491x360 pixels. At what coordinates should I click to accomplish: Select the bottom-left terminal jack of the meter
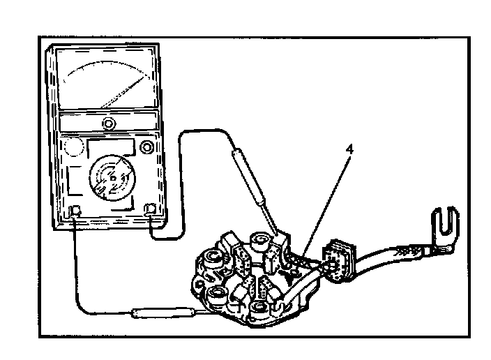pyautogui.click(x=77, y=211)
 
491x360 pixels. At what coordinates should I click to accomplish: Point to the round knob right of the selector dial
pyautogui.click(x=147, y=147)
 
